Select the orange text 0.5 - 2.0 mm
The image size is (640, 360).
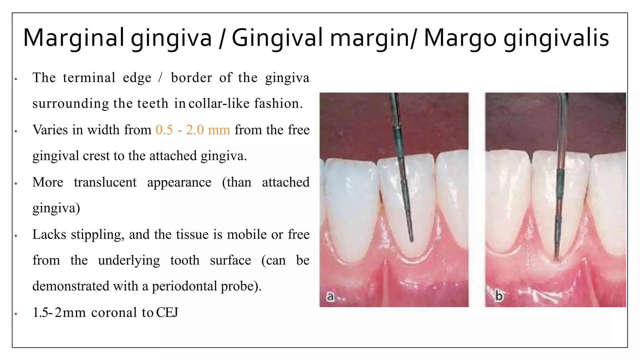click(x=193, y=130)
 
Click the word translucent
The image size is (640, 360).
click(x=105, y=182)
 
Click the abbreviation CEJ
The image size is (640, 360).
click(x=167, y=312)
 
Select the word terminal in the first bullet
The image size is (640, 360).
click(x=89, y=77)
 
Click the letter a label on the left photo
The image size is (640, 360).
click(x=330, y=296)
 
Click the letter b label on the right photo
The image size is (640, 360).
click(x=499, y=295)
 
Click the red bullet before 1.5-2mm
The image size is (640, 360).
click(x=16, y=313)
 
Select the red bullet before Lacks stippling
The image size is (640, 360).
click(x=16, y=236)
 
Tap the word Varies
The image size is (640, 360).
click(x=50, y=130)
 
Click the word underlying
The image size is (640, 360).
click(x=129, y=260)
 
